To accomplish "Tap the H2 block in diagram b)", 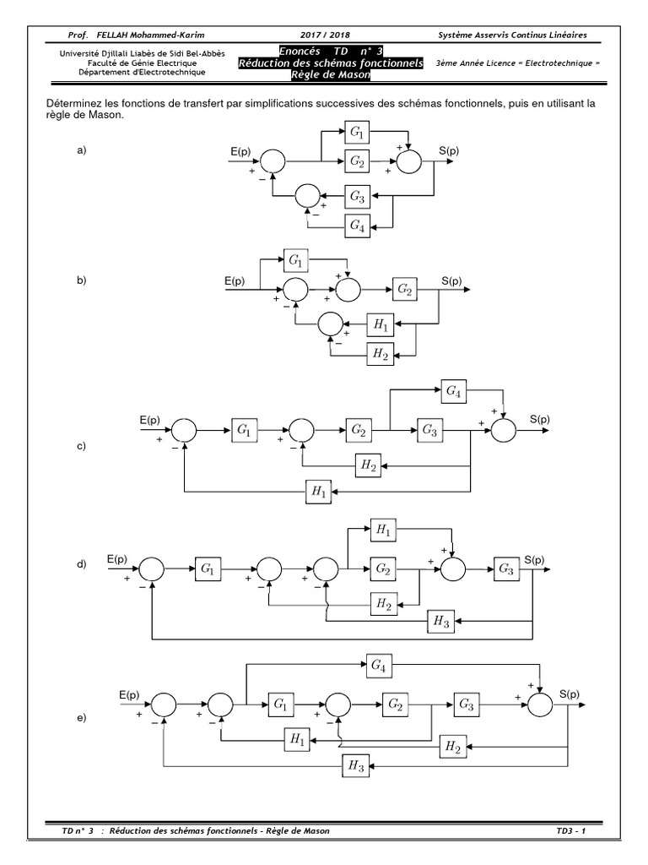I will [x=381, y=354].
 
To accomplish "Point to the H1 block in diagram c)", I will [x=319, y=489].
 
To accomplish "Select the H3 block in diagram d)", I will [x=440, y=621].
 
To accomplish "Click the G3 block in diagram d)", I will [x=505, y=569].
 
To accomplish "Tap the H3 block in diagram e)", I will [x=354, y=766].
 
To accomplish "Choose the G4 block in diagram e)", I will [x=380, y=665].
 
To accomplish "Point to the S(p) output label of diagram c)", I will [x=540, y=418].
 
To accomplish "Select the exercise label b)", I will [x=83, y=280].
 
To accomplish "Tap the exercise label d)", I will [x=83, y=564].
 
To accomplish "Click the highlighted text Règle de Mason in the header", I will [x=331, y=76].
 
